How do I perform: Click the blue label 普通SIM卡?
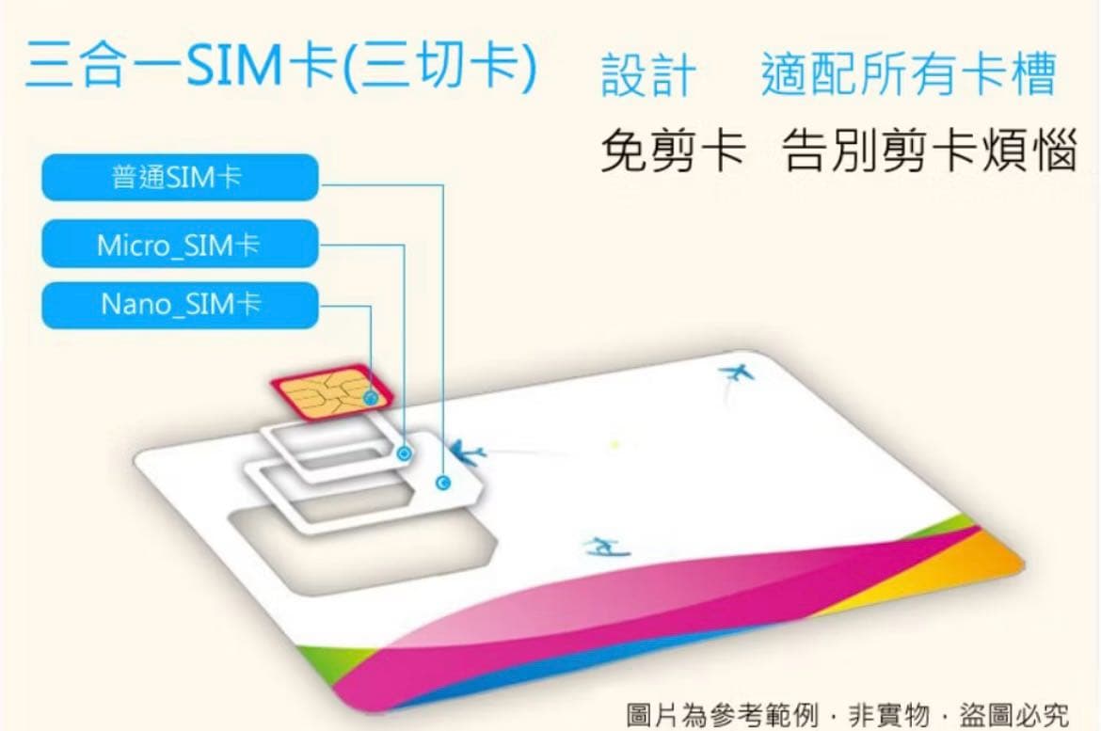point(179,177)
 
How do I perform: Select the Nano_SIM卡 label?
point(179,304)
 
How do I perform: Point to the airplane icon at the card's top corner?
point(736,373)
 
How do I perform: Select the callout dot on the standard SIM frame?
point(443,484)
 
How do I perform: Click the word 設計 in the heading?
point(648,75)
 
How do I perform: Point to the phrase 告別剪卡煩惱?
point(929,152)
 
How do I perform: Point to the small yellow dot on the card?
point(614,443)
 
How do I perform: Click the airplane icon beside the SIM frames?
point(468,454)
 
